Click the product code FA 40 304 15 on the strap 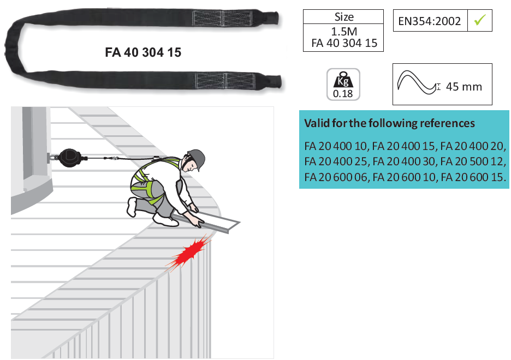pos(143,53)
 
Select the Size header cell pos(343,17)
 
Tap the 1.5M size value pos(343,32)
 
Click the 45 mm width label pos(464,87)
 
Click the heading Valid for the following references pos(389,123)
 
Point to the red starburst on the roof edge pos(188,251)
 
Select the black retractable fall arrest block pos(69,157)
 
